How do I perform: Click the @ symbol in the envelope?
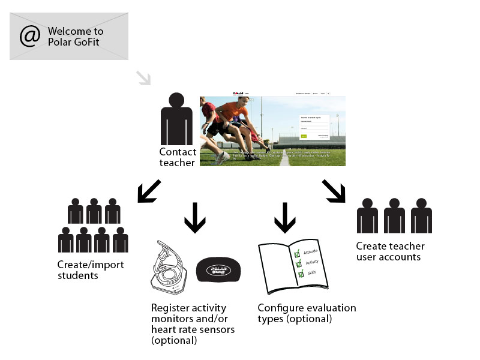tap(29, 36)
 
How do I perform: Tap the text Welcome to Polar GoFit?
tap(75, 36)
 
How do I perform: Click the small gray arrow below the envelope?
tap(143, 78)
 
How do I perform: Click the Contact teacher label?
tap(178, 157)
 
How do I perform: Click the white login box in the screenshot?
tap(314, 127)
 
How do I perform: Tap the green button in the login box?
tap(304, 136)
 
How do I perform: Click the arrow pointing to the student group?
tap(148, 190)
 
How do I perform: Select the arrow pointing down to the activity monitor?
tap(194, 217)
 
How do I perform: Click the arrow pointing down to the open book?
tap(285, 217)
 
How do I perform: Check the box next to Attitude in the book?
tap(296, 254)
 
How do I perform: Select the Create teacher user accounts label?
tap(390, 251)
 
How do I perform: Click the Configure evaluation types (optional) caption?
tap(307, 313)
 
